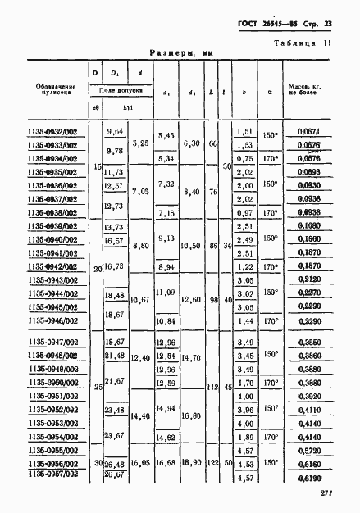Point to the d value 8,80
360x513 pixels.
click(140, 245)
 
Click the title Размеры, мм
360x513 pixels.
click(181, 53)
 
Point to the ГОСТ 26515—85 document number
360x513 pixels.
click(264, 21)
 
